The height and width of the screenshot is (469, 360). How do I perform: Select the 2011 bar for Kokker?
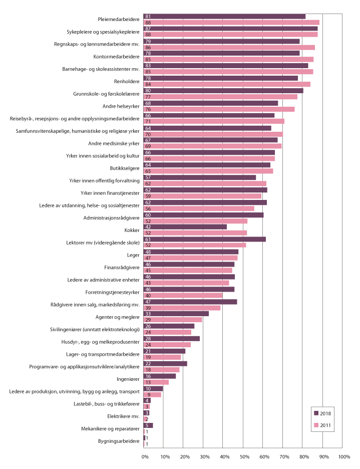pos(195,232)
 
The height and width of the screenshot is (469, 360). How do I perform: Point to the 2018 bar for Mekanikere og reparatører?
pos(148,425)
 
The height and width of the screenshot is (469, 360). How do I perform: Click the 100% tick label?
pos(343,457)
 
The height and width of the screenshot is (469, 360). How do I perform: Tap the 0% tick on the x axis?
pos(145,457)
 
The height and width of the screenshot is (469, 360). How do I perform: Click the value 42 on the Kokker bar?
pos(148,226)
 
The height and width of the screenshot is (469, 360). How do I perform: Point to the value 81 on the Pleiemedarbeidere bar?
pos(148,17)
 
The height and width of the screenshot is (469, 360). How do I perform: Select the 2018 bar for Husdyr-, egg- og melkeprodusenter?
pos(171,338)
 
